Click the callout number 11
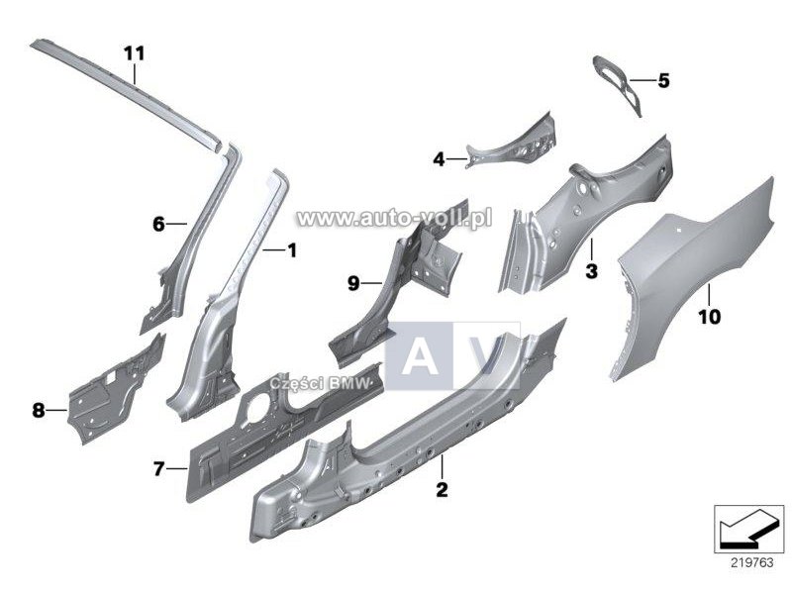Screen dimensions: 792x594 [135, 53]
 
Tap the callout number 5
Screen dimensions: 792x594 [663, 80]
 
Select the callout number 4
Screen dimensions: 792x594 [439, 159]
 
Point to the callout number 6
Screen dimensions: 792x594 [158, 224]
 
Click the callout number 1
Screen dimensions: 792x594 [291, 249]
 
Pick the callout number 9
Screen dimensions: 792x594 [353, 283]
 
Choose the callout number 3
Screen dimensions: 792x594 [591, 270]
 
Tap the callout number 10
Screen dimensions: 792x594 [709, 317]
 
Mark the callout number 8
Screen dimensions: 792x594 [39, 410]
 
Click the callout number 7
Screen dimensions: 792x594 [158, 469]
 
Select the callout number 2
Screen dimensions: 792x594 [442, 489]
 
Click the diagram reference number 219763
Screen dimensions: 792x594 [752, 562]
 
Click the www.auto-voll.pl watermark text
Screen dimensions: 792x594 [394, 218]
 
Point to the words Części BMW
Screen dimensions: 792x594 [320, 383]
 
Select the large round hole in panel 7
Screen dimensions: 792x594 [257, 404]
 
